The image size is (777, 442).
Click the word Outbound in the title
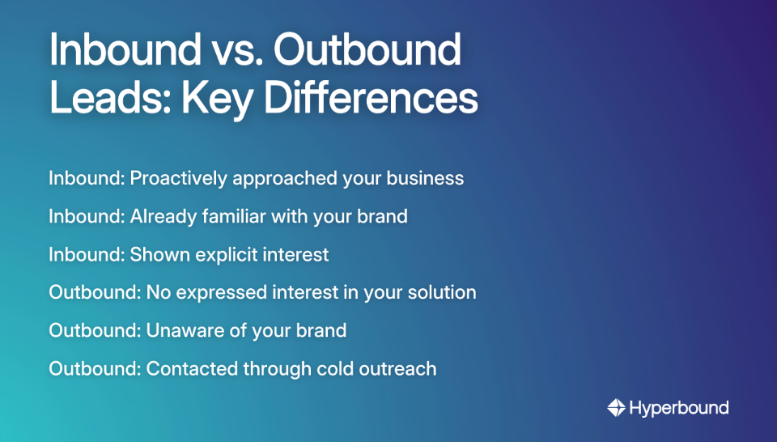click(x=367, y=49)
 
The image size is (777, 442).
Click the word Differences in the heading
click(x=372, y=98)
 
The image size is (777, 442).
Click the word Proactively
click(x=178, y=179)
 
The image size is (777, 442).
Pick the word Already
click(x=163, y=217)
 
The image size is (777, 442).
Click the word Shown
click(x=159, y=255)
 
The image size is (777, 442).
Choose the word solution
click(x=442, y=292)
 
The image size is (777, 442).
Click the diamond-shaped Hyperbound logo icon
click(x=617, y=408)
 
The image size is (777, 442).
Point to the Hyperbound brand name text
click(x=679, y=408)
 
